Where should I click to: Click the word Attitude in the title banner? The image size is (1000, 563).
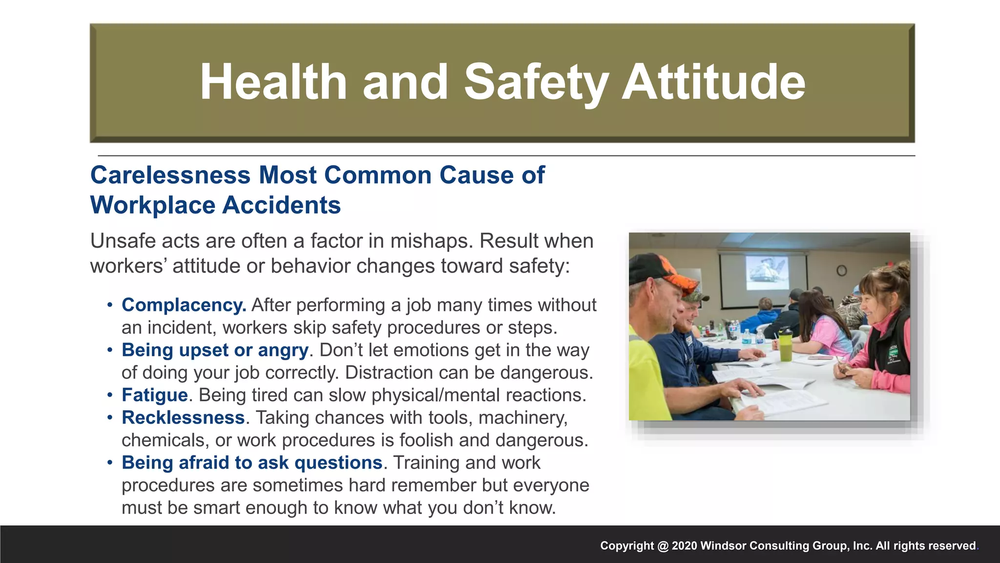pyautogui.click(x=713, y=82)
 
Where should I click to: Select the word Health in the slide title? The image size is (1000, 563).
pyautogui.click(x=273, y=82)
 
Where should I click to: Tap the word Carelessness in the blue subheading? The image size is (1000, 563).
pyautogui.click(x=170, y=175)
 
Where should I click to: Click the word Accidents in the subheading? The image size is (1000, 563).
pyautogui.click(x=282, y=205)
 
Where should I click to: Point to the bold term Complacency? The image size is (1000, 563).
pyautogui.click(x=184, y=305)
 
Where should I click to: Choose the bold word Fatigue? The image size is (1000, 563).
pyautogui.click(x=155, y=395)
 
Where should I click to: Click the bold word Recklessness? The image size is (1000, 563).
pyautogui.click(x=183, y=417)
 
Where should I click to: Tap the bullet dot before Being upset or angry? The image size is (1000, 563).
pyautogui.click(x=110, y=350)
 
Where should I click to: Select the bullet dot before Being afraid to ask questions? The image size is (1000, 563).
pyautogui.click(x=110, y=463)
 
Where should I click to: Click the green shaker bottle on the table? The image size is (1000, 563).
pyautogui.click(x=785, y=344)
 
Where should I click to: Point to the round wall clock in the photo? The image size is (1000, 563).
pyautogui.click(x=841, y=270)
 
